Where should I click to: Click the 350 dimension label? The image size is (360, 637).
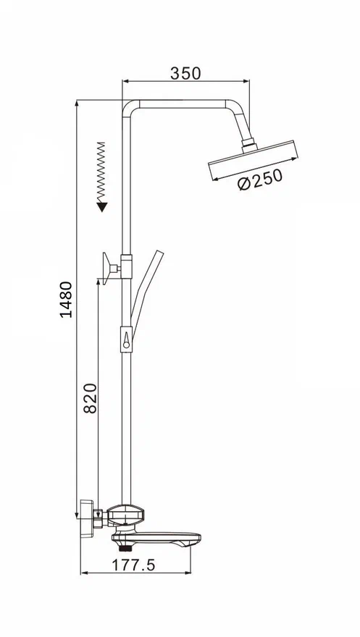click(185, 73)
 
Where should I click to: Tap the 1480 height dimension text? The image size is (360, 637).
click(66, 300)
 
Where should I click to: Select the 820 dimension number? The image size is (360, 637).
click(91, 398)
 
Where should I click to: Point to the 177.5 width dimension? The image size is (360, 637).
click(133, 565)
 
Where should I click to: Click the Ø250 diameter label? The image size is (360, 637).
click(260, 180)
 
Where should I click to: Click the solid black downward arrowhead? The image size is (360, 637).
click(101, 207)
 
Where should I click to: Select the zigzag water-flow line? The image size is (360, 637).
click(101, 172)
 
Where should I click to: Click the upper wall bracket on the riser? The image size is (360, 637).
click(117, 267)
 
